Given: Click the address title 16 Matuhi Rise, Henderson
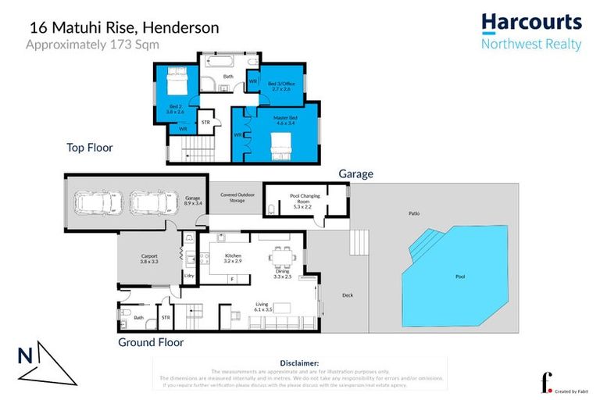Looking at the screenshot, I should [x=124, y=27].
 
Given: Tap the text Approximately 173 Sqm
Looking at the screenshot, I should [x=93, y=45].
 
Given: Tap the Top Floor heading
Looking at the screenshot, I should [x=90, y=147].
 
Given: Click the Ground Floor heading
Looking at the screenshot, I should [x=150, y=342].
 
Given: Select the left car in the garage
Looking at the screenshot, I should [x=100, y=203].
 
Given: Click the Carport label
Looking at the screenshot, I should [x=148, y=259].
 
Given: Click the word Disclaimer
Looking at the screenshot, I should [x=298, y=363].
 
